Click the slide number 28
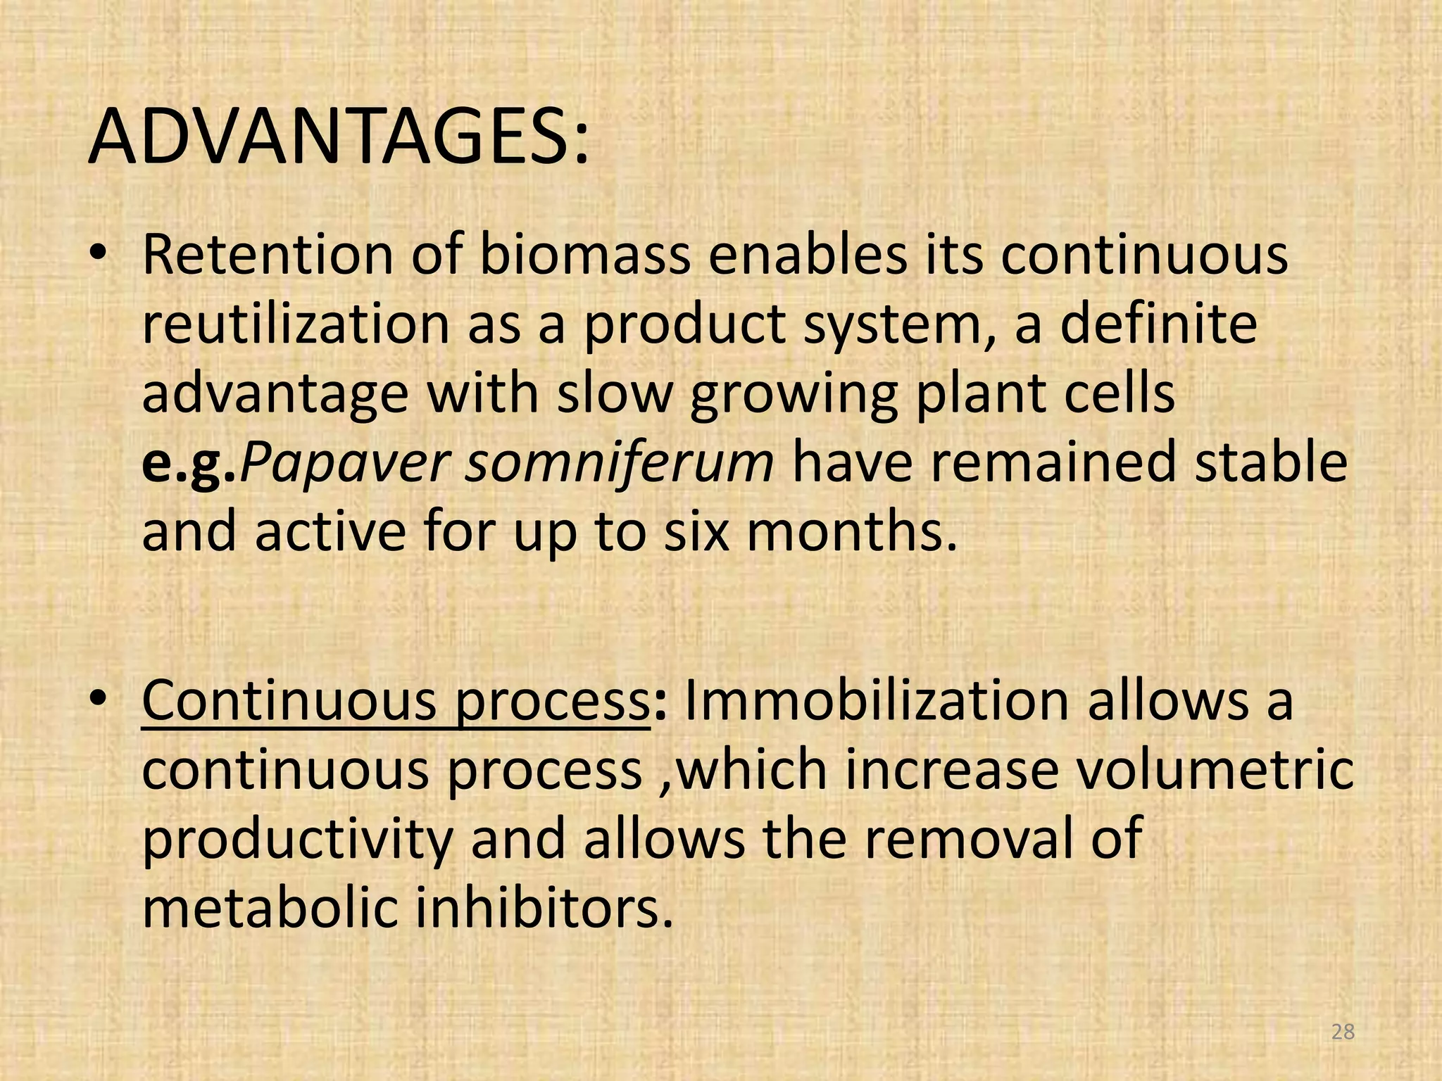click(x=1343, y=1032)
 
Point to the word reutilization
click(x=296, y=325)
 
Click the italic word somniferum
click(x=620, y=463)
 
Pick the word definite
click(x=1158, y=325)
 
